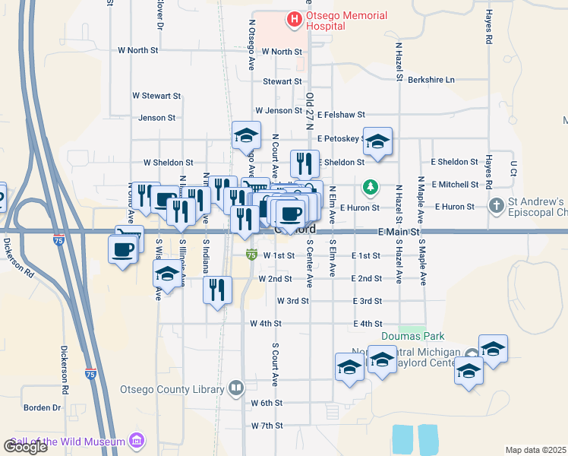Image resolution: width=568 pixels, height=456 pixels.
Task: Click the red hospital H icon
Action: coord(292,17)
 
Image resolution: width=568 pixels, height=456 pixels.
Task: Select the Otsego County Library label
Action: coord(172,389)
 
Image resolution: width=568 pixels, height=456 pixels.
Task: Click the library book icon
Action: coord(237,389)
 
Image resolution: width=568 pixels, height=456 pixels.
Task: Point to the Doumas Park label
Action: coord(412,336)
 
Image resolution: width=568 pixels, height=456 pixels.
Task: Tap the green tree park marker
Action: coord(370,186)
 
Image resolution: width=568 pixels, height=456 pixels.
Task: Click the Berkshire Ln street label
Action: coord(431,80)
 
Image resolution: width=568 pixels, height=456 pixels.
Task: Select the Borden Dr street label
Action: coord(42,407)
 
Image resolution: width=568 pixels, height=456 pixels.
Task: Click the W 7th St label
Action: coord(266,426)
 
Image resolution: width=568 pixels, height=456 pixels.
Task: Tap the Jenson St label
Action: coord(157,118)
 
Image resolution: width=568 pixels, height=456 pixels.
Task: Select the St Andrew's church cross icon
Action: coord(496,206)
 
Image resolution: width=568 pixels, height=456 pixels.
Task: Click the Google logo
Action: coord(25,447)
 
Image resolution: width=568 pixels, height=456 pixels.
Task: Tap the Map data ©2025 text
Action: coord(536,450)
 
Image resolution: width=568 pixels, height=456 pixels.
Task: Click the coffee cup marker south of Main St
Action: coord(122,249)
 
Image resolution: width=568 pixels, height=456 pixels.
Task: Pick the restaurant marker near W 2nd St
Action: coord(217,289)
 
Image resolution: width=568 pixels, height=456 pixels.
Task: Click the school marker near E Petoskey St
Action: coord(377,141)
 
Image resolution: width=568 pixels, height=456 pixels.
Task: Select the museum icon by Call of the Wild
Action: coord(137,441)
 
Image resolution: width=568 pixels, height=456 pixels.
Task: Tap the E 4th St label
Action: coord(367,324)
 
